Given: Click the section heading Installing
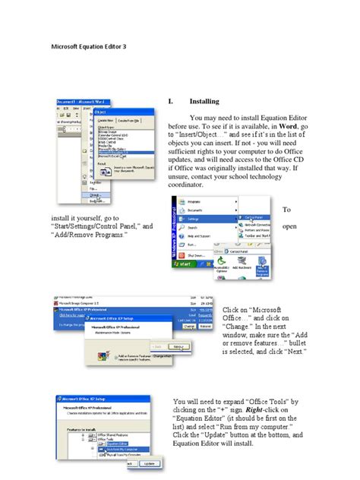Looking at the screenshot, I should point(204,101).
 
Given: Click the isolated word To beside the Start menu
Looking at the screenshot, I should point(287,210).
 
